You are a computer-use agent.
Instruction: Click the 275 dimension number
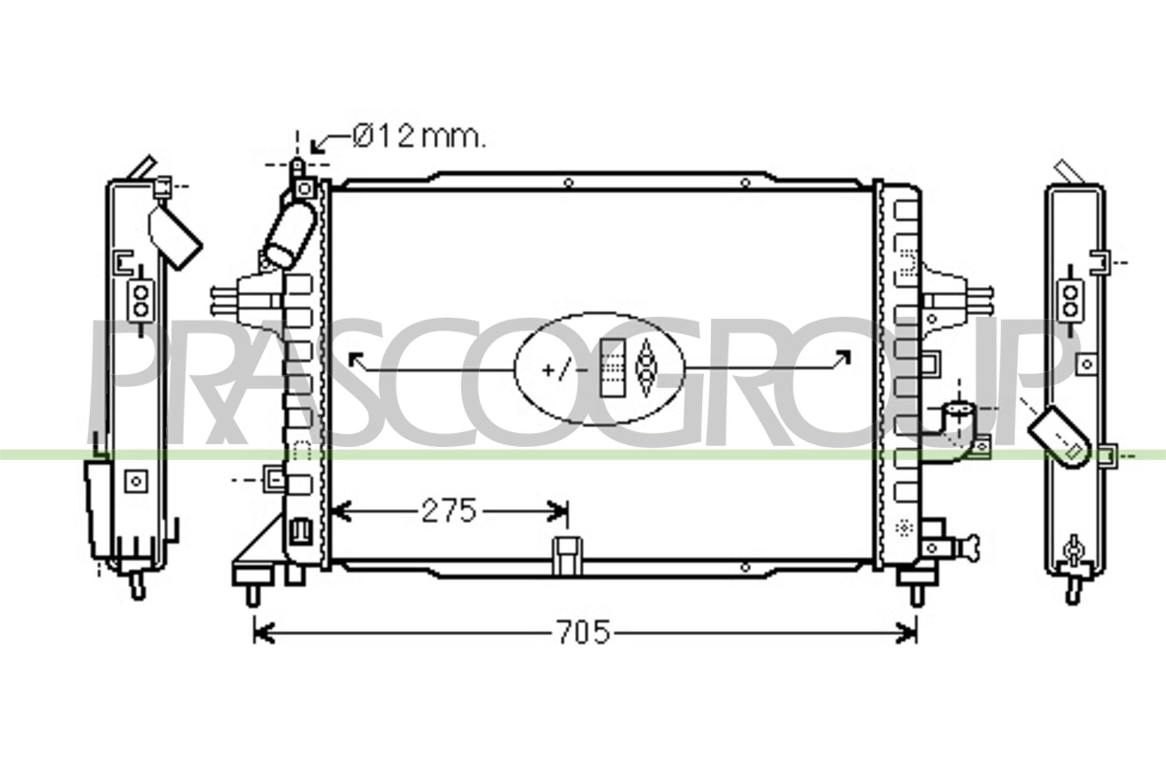point(448,511)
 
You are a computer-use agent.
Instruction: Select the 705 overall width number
point(583,632)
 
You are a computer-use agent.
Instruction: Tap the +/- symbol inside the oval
point(565,370)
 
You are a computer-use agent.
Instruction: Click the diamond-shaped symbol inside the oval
point(646,367)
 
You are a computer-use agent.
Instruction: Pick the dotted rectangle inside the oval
point(613,368)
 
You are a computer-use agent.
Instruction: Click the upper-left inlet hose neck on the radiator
point(291,236)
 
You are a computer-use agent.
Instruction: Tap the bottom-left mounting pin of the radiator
point(252,594)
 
